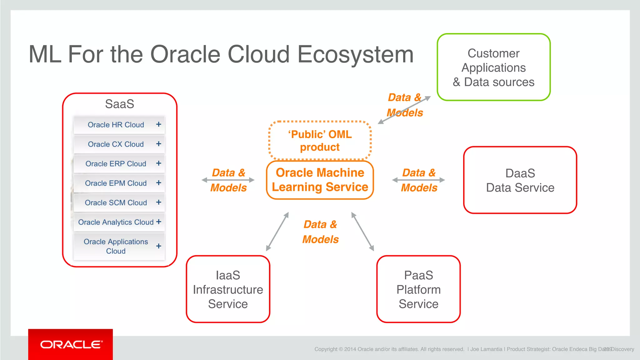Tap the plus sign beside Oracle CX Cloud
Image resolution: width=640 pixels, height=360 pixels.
point(159,144)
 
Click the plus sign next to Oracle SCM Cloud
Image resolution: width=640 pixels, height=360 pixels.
point(159,202)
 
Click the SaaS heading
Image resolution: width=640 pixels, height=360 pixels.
point(119,104)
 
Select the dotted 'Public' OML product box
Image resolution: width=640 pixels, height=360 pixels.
point(320,141)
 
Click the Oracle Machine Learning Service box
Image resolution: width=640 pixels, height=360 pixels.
point(320,180)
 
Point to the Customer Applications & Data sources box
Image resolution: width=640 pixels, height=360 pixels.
point(493,67)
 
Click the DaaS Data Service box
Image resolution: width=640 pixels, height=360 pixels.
point(520,180)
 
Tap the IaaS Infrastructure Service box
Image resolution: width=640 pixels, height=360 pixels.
point(228,289)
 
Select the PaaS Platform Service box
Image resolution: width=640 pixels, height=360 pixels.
point(418,289)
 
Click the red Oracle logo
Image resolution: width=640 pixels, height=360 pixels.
point(71,344)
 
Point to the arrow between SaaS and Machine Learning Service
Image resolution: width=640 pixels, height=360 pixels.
point(228,180)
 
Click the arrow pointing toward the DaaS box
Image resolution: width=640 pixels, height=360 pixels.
point(418,180)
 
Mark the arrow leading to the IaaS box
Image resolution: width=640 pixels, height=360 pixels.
point(277,232)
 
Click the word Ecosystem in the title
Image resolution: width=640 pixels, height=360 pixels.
point(355,54)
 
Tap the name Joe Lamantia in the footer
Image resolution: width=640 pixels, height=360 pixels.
point(486,349)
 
